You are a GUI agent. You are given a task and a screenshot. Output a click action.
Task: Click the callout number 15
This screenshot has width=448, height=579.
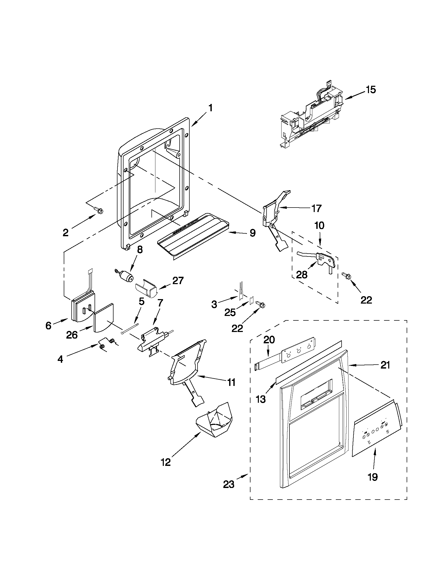pos(371,90)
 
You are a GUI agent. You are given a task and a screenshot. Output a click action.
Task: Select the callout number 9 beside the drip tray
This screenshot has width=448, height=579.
pos(252,233)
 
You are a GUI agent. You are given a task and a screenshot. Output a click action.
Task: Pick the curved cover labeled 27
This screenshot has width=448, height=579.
pos(146,289)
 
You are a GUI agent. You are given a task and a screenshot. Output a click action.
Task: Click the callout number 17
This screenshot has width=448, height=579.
pos(317,208)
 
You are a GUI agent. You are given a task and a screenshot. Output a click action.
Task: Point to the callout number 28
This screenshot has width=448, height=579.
pos(302,275)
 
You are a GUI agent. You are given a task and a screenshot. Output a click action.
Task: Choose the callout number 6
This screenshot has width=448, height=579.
pos(48,326)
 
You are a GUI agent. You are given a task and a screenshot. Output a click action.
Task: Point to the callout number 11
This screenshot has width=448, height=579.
pos(231,382)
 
